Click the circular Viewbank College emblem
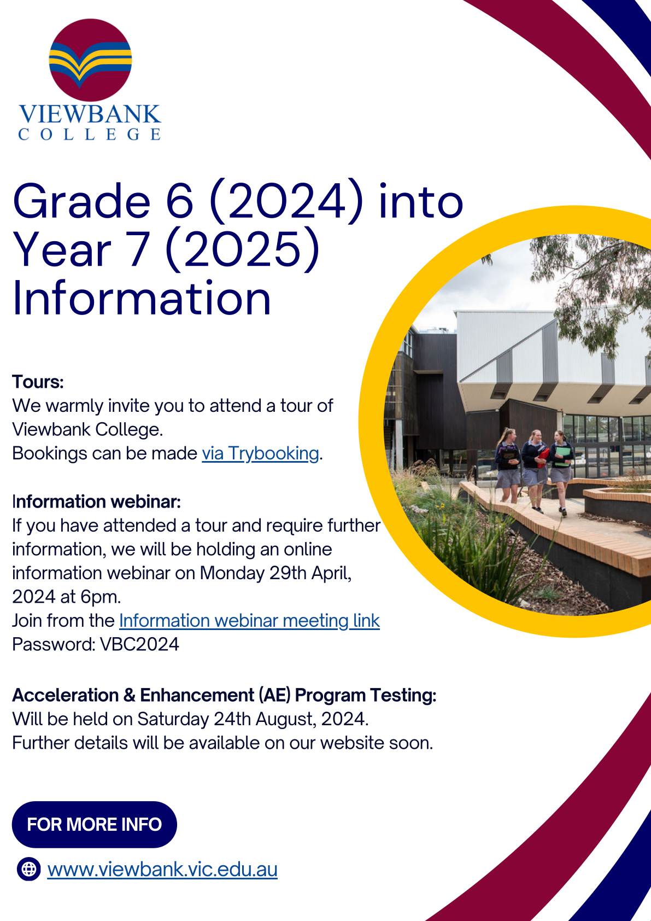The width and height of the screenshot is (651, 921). point(90,60)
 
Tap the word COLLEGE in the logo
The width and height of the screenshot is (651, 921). point(90,135)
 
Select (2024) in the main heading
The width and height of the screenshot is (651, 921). point(286,201)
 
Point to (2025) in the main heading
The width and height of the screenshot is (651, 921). point(243,249)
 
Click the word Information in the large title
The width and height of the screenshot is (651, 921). point(142,298)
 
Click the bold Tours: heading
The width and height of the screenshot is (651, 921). point(38,382)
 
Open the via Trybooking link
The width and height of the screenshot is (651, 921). point(260,453)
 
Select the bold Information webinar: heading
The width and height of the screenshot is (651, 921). point(97,502)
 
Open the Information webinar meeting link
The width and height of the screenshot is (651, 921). point(249,621)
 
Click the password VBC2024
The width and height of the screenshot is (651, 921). point(139,644)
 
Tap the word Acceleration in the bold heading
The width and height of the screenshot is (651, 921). point(66,695)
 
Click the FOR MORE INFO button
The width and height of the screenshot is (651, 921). point(95,824)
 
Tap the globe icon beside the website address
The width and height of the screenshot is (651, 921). point(29,870)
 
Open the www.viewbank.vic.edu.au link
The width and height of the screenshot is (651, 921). point(162,870)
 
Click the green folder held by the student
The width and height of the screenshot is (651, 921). point(562,456)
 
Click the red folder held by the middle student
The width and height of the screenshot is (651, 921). point(543,456)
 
